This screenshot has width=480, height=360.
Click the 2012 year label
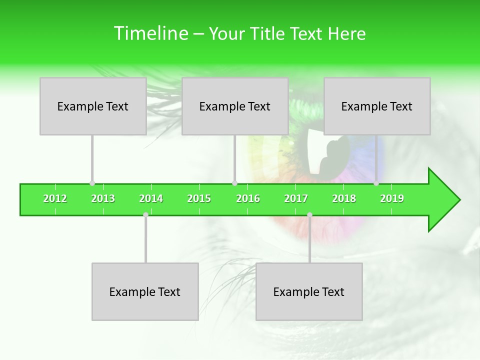click(55, 199)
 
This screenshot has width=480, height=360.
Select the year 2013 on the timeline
click(103, 199)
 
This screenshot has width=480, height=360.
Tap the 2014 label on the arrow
click(151, 199)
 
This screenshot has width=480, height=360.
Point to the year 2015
click(199, 199)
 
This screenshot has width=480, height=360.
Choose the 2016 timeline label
click(248, 199)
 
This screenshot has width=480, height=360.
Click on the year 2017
click(296, 199)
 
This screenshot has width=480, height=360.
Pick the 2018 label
click(344, 199)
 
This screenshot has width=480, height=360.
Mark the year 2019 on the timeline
click(392, 199)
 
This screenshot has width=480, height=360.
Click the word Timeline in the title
click(150, 33)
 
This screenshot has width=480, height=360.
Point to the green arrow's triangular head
click(443, 200)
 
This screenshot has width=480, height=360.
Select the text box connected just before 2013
click(93, 106)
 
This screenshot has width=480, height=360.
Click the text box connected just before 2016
click(235, 106)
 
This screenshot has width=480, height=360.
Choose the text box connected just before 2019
click(377, 106)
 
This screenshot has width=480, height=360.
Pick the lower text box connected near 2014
click(145, 291)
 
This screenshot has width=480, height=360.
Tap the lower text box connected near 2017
click(309, 291)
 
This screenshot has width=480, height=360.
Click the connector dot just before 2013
click(92, 183)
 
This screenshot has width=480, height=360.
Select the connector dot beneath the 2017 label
click(309, 215)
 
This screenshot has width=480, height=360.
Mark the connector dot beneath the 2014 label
click(145, 215)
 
